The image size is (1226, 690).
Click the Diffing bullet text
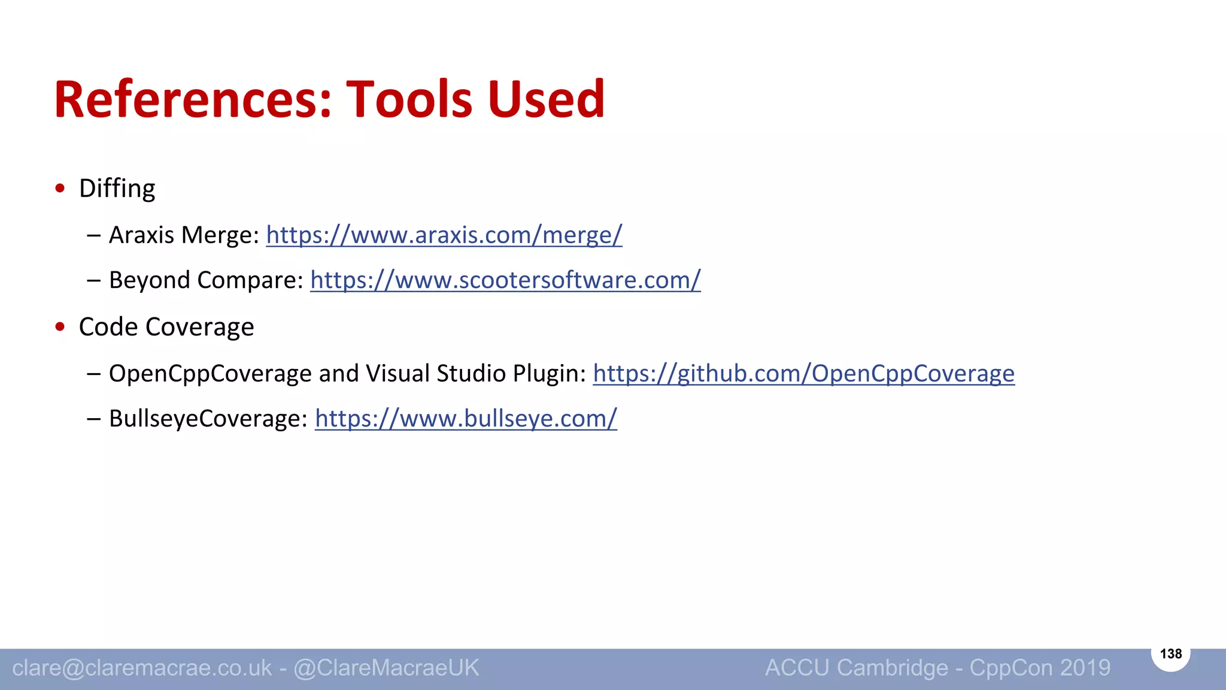(117, 189)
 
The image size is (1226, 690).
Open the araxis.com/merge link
(444, 235)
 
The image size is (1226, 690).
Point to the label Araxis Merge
(184, 235)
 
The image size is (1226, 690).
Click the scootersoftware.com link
(505, 280)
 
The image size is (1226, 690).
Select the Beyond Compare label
(206, 280)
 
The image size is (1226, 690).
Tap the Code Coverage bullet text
(166, 327)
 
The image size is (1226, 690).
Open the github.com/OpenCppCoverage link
(803, 373)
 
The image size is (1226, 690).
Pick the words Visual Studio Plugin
(476, 373)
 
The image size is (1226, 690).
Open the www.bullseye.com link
(466, 418)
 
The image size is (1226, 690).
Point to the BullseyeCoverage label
(208, 418)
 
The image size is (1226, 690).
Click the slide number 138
(1171, 653)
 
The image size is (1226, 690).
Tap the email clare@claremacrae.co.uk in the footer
(142, 668)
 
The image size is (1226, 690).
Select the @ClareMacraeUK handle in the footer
(386, 668)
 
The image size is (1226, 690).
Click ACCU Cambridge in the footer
(856, 668)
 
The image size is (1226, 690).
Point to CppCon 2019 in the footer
(1040, 668)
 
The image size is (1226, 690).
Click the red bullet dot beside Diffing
(60, 188)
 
